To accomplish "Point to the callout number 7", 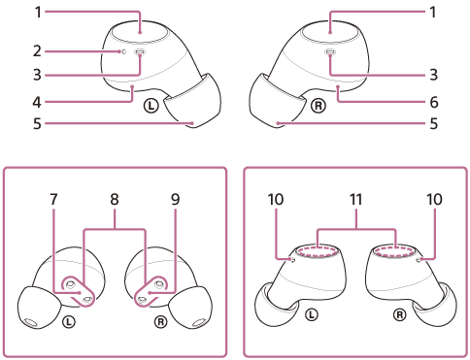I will point(54,199).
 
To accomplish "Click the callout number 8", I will point(115,199).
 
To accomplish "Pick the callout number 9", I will point(175,199).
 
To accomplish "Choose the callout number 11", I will point(355,199).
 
